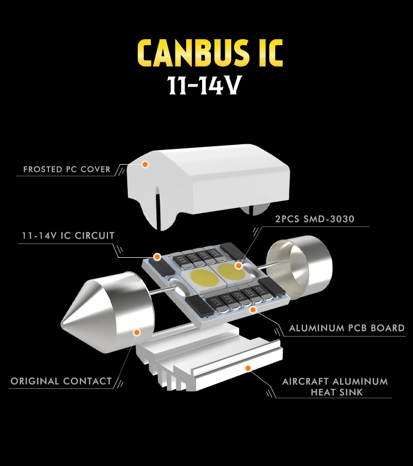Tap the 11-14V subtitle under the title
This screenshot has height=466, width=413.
click(205, 86)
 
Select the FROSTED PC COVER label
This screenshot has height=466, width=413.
click(67, 169)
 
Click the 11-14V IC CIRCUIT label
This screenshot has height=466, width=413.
click(68, 236)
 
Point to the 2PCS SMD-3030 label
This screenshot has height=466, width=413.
click(314, 219)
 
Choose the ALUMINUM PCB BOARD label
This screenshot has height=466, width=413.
click(347, 328)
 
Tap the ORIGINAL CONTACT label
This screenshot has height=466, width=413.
click(61, 381)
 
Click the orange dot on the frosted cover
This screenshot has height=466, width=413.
click(145, 164)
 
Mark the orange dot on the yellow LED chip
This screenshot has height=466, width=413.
click(238, 265)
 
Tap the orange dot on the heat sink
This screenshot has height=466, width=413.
click(248, 367)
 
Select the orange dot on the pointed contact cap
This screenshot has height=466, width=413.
click(137, 332)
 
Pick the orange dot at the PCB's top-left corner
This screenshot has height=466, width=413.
click(157, 256)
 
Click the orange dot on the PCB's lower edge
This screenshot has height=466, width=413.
click(253, 310)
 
